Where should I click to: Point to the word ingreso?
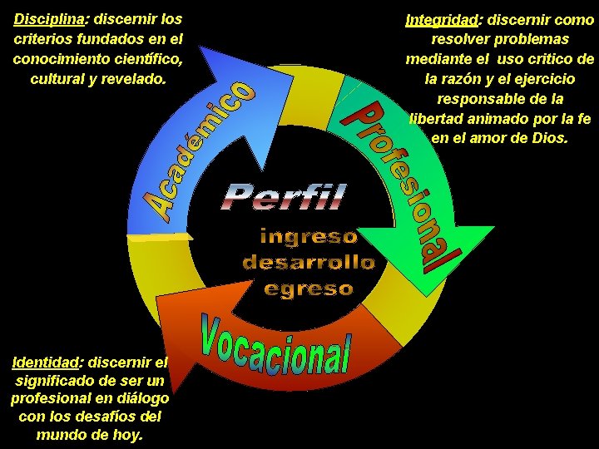tap(309, 237)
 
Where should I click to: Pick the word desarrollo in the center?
tap(309, 263)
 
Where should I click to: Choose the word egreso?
tap(309, 289)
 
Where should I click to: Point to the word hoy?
tap(129, 435)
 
